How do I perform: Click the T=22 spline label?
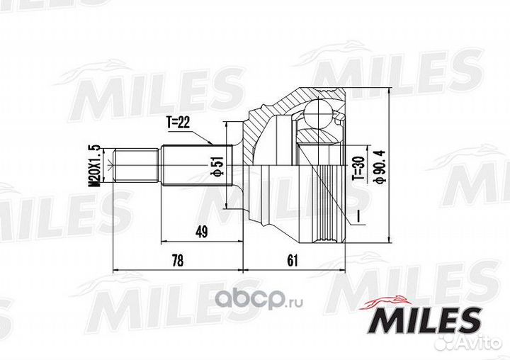click(x=177, y=123)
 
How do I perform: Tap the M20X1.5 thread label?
click(x=95, y=166)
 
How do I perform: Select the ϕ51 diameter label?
click(x=217, y=166)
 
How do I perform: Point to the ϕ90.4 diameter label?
click(x=380, y=166)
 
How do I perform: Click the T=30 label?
click(x=358, y=168)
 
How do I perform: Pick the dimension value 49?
click(x=201, y=232)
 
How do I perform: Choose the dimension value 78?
click(x=177, y=261)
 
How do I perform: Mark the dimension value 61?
click(x=293, y=260)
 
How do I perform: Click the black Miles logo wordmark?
click(x=424, y=321)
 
